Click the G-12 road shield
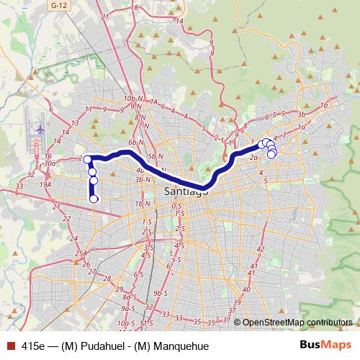(x=58, y=4)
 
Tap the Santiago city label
(x=186, y=192)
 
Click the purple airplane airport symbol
(x=39, y=130)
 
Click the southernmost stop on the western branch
(x=94, y=199)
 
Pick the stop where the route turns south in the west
(x=87, y=159)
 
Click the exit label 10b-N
(x=131, y=97)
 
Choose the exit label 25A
(x=81, y=253)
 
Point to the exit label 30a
(x=50, y=163)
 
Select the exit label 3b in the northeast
(x=303, y=114)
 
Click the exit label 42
(x=261, y=249)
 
